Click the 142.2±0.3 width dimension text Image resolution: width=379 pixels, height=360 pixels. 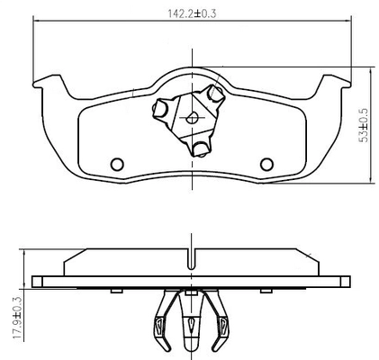click(x=192, y=13)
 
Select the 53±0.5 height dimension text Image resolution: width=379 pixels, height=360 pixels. click(x=365, y=125)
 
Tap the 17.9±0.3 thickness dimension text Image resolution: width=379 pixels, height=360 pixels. click(x=18, y=318)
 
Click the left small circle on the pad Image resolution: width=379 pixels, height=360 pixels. click(x=117, y=164)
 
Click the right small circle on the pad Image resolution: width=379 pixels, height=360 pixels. click(x=266, y=164)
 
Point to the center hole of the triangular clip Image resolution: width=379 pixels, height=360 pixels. click(x=192, y=118)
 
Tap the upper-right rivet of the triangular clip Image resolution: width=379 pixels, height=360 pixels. click(x=216, y=94)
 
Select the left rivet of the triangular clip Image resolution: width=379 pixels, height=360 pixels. click(x=159, y=109)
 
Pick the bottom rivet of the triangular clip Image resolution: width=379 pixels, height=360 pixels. click(x=200, y=149)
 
